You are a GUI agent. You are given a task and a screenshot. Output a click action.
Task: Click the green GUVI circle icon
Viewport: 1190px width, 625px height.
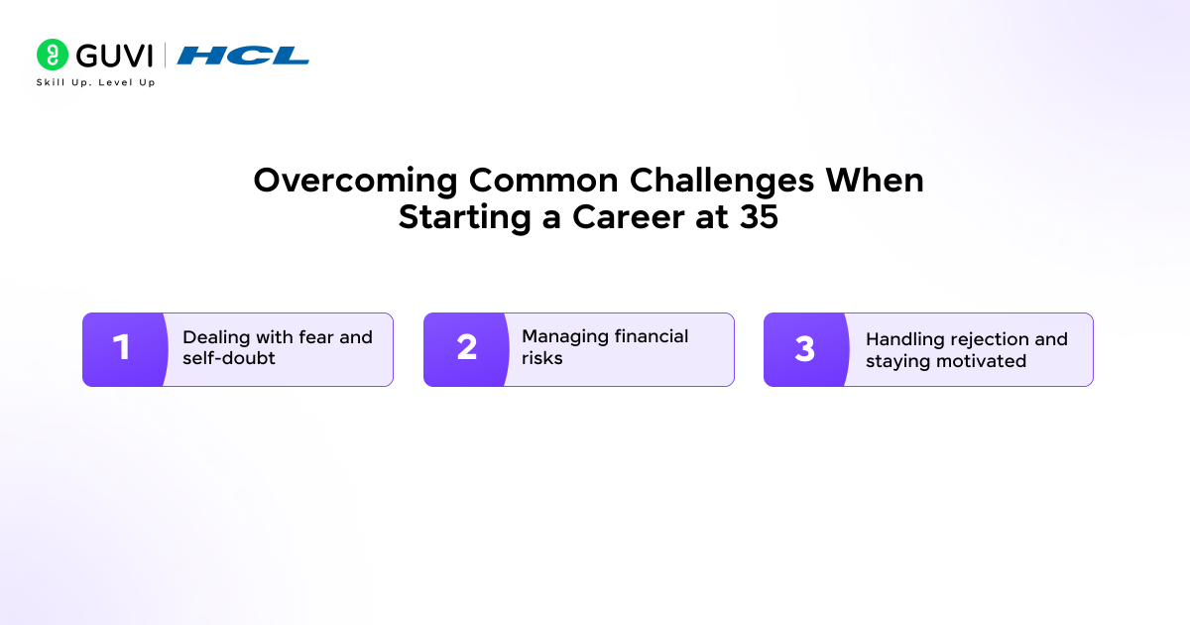(x=53, y=55)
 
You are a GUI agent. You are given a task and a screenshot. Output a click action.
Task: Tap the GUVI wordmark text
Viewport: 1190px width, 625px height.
(x=114, y=56)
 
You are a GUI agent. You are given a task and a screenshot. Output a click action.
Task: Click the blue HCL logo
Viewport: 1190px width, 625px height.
(x=243, y=56)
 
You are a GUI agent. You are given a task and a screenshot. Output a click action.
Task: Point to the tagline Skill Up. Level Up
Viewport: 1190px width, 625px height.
(x=96, y=82)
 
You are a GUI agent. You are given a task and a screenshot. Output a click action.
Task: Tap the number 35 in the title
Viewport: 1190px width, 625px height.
(x=759, y=217)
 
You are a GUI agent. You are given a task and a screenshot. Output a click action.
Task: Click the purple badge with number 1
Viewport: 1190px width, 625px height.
(x=122, y=349)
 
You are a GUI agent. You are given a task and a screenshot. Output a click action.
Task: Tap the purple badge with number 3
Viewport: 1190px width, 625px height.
(x=805, y=349)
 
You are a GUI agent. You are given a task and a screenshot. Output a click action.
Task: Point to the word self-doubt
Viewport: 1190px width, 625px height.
(x=229, y=358)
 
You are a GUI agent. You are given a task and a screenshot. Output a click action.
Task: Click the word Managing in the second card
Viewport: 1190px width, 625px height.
(x=565, y=337)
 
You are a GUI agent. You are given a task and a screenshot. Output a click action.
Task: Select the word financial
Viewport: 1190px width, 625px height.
(x=652, y=337)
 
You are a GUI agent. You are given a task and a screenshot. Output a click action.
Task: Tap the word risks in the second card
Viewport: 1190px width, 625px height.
(x=542, y=358)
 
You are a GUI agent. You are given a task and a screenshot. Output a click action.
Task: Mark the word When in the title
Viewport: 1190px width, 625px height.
(x=877, y=182)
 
